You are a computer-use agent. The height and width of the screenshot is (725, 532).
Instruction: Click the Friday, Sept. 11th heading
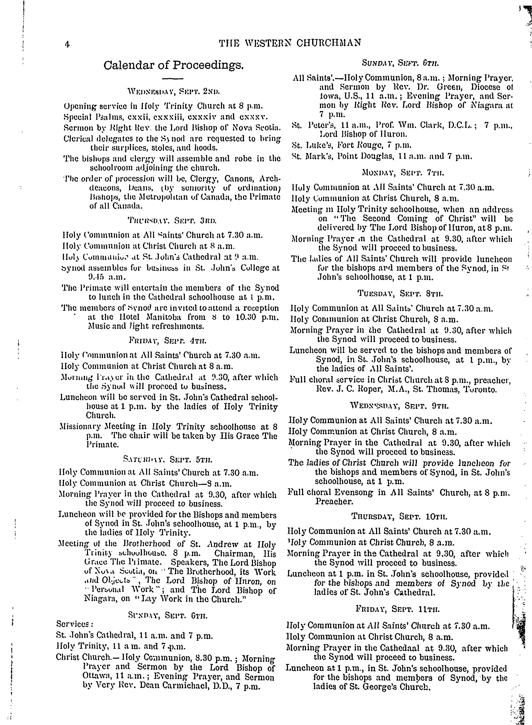tap(398, 609)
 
